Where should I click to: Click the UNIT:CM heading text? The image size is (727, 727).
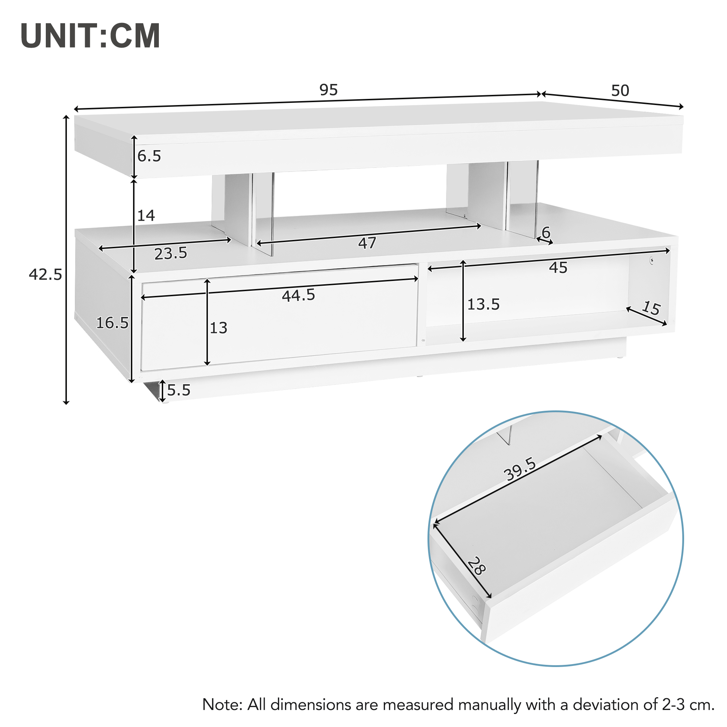[90, 36]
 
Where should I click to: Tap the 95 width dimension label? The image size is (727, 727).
[329, 90]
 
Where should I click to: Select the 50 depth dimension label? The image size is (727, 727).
[620, 91]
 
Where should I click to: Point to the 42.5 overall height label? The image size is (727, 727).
[45, 275]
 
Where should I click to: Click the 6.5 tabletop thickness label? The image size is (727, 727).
[149, 156]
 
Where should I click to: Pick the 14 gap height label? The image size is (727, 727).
[146, 216]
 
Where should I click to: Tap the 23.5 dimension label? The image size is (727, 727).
[170, 254]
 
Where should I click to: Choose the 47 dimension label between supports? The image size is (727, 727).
[367, 243]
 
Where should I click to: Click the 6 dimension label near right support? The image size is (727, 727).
[546, 233]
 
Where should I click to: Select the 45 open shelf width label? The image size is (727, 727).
[558, 268]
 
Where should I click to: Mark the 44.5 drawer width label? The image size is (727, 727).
[298, 296]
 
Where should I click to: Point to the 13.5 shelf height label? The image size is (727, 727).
[483, 304]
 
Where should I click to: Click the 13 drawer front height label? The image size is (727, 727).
[218, 328]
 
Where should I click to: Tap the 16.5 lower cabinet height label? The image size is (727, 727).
[112, 323]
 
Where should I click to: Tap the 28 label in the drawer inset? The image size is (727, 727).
[477, 566]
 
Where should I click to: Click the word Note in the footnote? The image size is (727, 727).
[222, 704]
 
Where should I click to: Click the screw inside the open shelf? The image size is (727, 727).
[652, 260]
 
